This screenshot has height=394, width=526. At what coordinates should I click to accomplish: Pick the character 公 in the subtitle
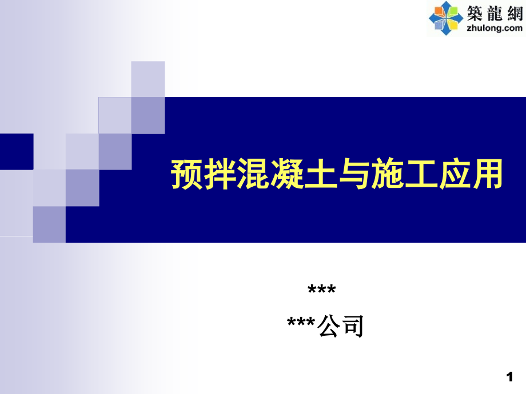pos(331,327)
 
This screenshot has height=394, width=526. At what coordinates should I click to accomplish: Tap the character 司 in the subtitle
pos(353,327)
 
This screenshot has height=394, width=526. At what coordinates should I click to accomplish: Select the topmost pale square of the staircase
pos(148,78)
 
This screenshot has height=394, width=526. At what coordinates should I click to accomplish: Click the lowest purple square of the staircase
pos(49,224)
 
